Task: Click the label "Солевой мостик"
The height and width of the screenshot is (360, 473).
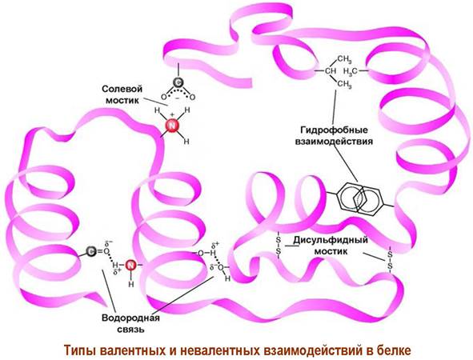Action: tap(122, 94)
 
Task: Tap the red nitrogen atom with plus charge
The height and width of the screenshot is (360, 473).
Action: tap(172, 126)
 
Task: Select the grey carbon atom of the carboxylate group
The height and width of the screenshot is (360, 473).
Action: tap(178, 82)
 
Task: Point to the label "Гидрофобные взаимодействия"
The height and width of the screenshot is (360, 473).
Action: tap(335, 136)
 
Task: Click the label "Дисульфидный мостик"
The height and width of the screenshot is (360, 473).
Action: tap(331, 246)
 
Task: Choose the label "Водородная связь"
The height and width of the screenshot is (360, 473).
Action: tap(130, 323)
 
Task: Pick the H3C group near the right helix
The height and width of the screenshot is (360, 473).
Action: tap(351, 71)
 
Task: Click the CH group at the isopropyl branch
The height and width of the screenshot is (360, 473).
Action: tap(330, 71)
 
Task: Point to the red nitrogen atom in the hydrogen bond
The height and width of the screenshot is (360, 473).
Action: tap(130, 266)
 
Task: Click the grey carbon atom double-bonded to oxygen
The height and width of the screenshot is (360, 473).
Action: tap(91, 251)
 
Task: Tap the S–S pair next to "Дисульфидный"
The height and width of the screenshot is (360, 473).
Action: tap(279, 246)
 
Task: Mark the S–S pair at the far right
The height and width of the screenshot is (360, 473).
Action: tap(390, 261)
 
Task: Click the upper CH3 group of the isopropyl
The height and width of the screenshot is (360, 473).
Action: tap(344, 58)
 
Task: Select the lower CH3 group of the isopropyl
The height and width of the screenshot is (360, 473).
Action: tap(344, 84)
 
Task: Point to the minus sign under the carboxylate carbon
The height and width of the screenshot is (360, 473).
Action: tap(178, 98)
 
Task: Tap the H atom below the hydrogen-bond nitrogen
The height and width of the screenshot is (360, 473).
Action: tap(131, 284)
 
